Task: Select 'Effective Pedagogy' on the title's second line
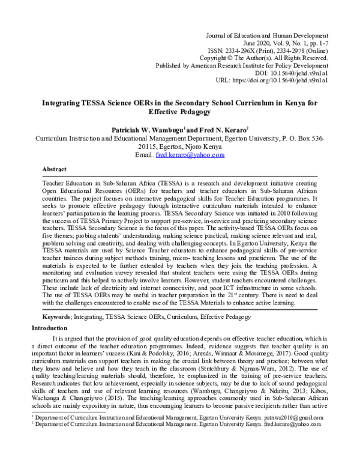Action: (x=180, y=112)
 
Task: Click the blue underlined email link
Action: (x=190, y=154)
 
